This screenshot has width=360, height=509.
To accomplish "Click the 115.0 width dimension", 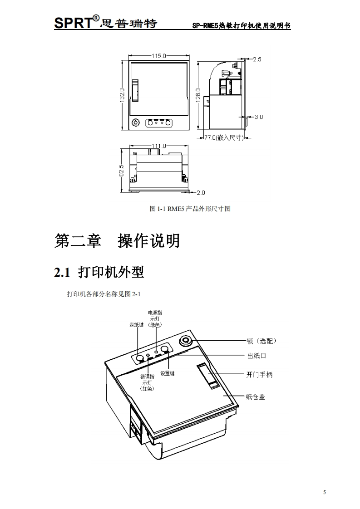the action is (x=159, y=56).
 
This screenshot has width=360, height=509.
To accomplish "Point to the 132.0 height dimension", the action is (x=122, y=96).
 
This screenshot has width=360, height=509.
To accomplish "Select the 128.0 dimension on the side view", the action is (x=198, y=96).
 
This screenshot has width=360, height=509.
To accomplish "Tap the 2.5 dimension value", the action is (x=257, y=59).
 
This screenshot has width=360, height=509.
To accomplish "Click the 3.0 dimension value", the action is (x=259, y=117).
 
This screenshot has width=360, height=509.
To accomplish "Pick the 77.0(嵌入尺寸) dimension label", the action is (x=222, y=137).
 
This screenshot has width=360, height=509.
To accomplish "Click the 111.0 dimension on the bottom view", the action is (x=158, y=146).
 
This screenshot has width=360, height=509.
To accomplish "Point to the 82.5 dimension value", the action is (x=121, y=171).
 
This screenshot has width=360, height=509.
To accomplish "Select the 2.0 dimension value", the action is (x=201, y=192).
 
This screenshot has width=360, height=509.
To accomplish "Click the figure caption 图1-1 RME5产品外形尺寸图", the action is (x=190, y=209).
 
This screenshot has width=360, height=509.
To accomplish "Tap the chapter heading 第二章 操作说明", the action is (x=117, y=240).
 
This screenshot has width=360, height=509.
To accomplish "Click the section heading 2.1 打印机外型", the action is (x=99, y=272).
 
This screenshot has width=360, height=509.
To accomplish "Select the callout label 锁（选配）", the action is (x=261, y=341).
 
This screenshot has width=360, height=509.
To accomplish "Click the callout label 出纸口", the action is (x=256, y=356).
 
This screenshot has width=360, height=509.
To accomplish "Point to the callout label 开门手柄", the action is (x=260, y=375).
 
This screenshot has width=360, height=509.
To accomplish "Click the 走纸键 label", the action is (x=137, y=325).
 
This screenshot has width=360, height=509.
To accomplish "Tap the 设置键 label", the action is (x=168, y=374).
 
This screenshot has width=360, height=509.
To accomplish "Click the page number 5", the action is (x=325, y=492).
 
